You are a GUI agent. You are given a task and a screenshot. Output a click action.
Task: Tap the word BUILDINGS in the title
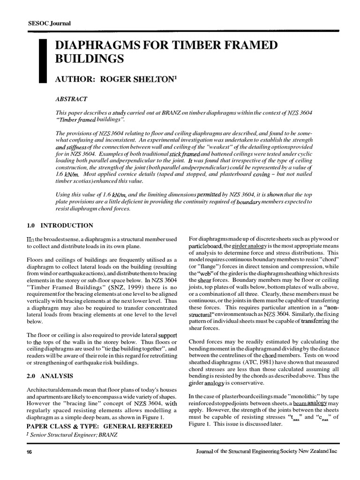point(90,59)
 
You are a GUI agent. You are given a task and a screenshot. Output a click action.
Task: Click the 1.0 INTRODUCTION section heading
point(60,225)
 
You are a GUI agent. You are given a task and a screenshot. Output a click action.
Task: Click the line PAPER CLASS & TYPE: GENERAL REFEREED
point(99,426)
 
